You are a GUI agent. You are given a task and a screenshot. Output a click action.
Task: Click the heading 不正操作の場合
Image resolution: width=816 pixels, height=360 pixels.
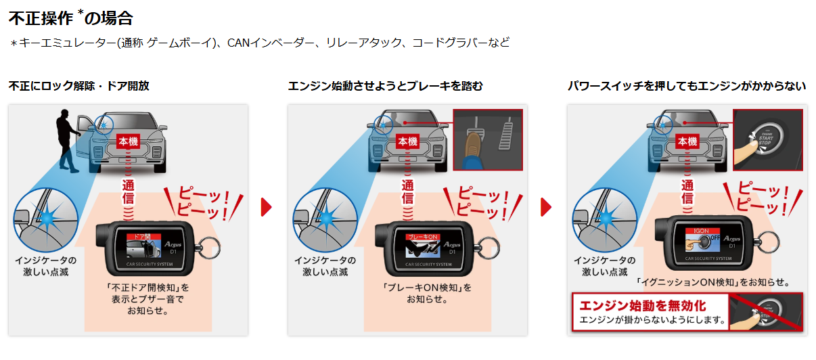coord(70,18)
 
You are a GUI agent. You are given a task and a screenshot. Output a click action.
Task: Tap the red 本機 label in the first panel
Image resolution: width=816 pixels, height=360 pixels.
coord(129,141)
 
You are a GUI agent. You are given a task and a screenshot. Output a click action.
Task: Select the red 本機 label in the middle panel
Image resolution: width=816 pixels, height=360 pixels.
coord(407,141)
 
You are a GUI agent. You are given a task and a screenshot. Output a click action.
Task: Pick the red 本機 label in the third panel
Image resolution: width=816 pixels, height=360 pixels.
coord(687,141)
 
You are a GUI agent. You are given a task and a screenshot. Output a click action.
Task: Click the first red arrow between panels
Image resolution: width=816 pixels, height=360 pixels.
coord(266,207)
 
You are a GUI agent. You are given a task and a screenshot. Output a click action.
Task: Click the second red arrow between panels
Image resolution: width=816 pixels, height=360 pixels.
coord(545,207)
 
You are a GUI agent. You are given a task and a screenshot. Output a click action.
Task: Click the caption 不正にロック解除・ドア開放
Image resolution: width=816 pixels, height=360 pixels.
coord(78,86)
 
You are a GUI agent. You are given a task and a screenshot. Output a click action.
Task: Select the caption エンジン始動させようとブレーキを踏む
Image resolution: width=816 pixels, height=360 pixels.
coord(385,86)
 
